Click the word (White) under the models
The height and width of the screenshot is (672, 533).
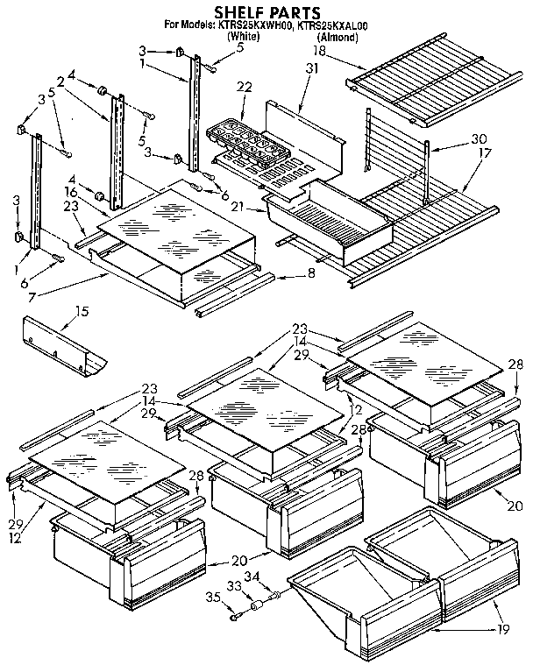point(242,39)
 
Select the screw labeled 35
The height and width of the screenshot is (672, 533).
point(237,616)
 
